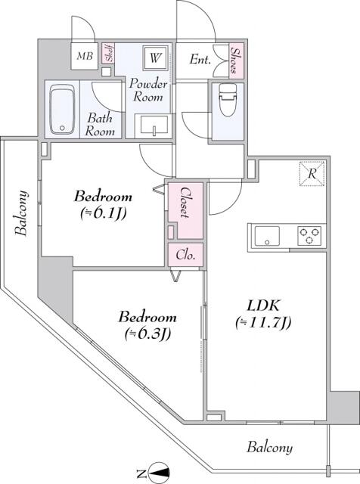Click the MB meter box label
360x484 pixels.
(x=82, y=57)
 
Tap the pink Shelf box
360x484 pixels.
(x=109, y=54)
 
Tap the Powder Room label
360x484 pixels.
(x=149, y=90)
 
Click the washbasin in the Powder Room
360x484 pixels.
(x=154, y=125)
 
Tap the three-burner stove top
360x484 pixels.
(x=309, y=235)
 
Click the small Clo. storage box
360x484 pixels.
(x=185, y=255)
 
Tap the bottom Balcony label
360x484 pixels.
(x=269, y=448)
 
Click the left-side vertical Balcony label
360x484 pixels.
(x=23, y=213)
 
